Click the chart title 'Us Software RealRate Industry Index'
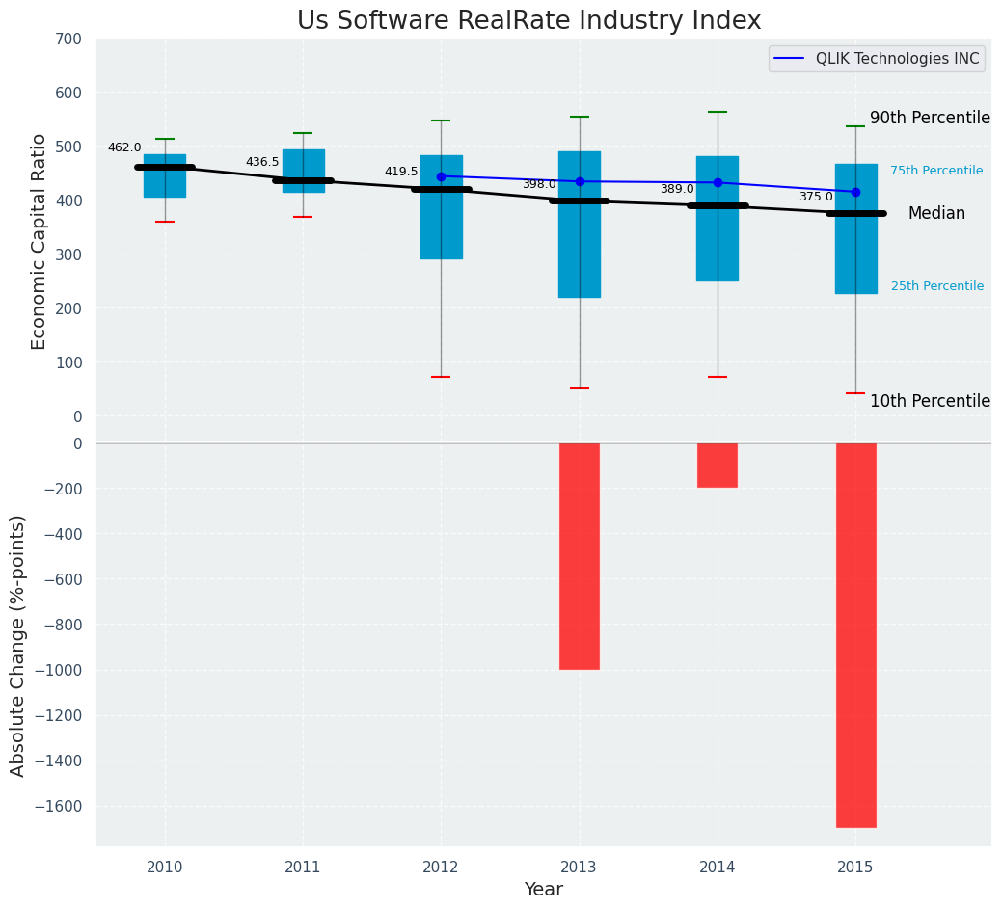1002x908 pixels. [528, 21]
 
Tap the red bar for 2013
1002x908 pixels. [580, 556]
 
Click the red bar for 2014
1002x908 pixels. [718, 466]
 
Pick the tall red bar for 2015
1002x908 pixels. [855, 635]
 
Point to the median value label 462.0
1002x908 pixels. [124, 147]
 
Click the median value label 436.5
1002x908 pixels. [262, 162]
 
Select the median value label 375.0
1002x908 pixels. [816, 197]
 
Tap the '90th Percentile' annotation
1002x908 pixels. [930, 118]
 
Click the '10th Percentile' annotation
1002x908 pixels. [930, 401]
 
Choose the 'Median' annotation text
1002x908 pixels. [936, 214]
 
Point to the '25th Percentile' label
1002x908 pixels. [937, 286]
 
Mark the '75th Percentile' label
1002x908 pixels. [936, 171]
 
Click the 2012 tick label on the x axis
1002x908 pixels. [441, 868]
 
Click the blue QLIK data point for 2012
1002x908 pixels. [441, 176]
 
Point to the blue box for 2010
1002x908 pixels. [165, 176]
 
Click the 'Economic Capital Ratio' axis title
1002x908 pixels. [40, 241]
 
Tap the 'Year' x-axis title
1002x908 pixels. [544, 890]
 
